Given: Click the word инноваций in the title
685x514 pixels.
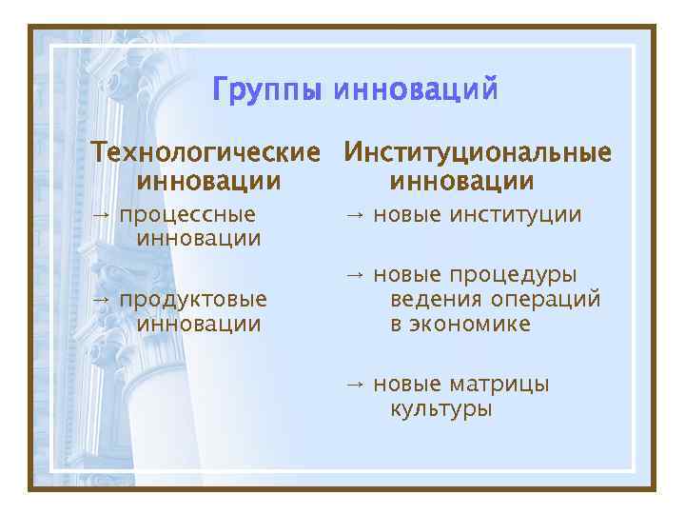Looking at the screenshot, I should point(414,92).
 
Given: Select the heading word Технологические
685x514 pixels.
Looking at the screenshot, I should point(205,152).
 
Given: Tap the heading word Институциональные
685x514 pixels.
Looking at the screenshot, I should point(478,152).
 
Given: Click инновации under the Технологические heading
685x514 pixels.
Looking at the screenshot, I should point(209,180).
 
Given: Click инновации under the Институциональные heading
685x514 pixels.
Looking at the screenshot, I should point(461,180).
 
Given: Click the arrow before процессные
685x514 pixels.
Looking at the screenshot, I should point(100,214).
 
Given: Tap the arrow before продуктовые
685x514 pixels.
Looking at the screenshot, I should point(100,299).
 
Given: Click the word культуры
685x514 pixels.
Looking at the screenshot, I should point(441,410).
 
